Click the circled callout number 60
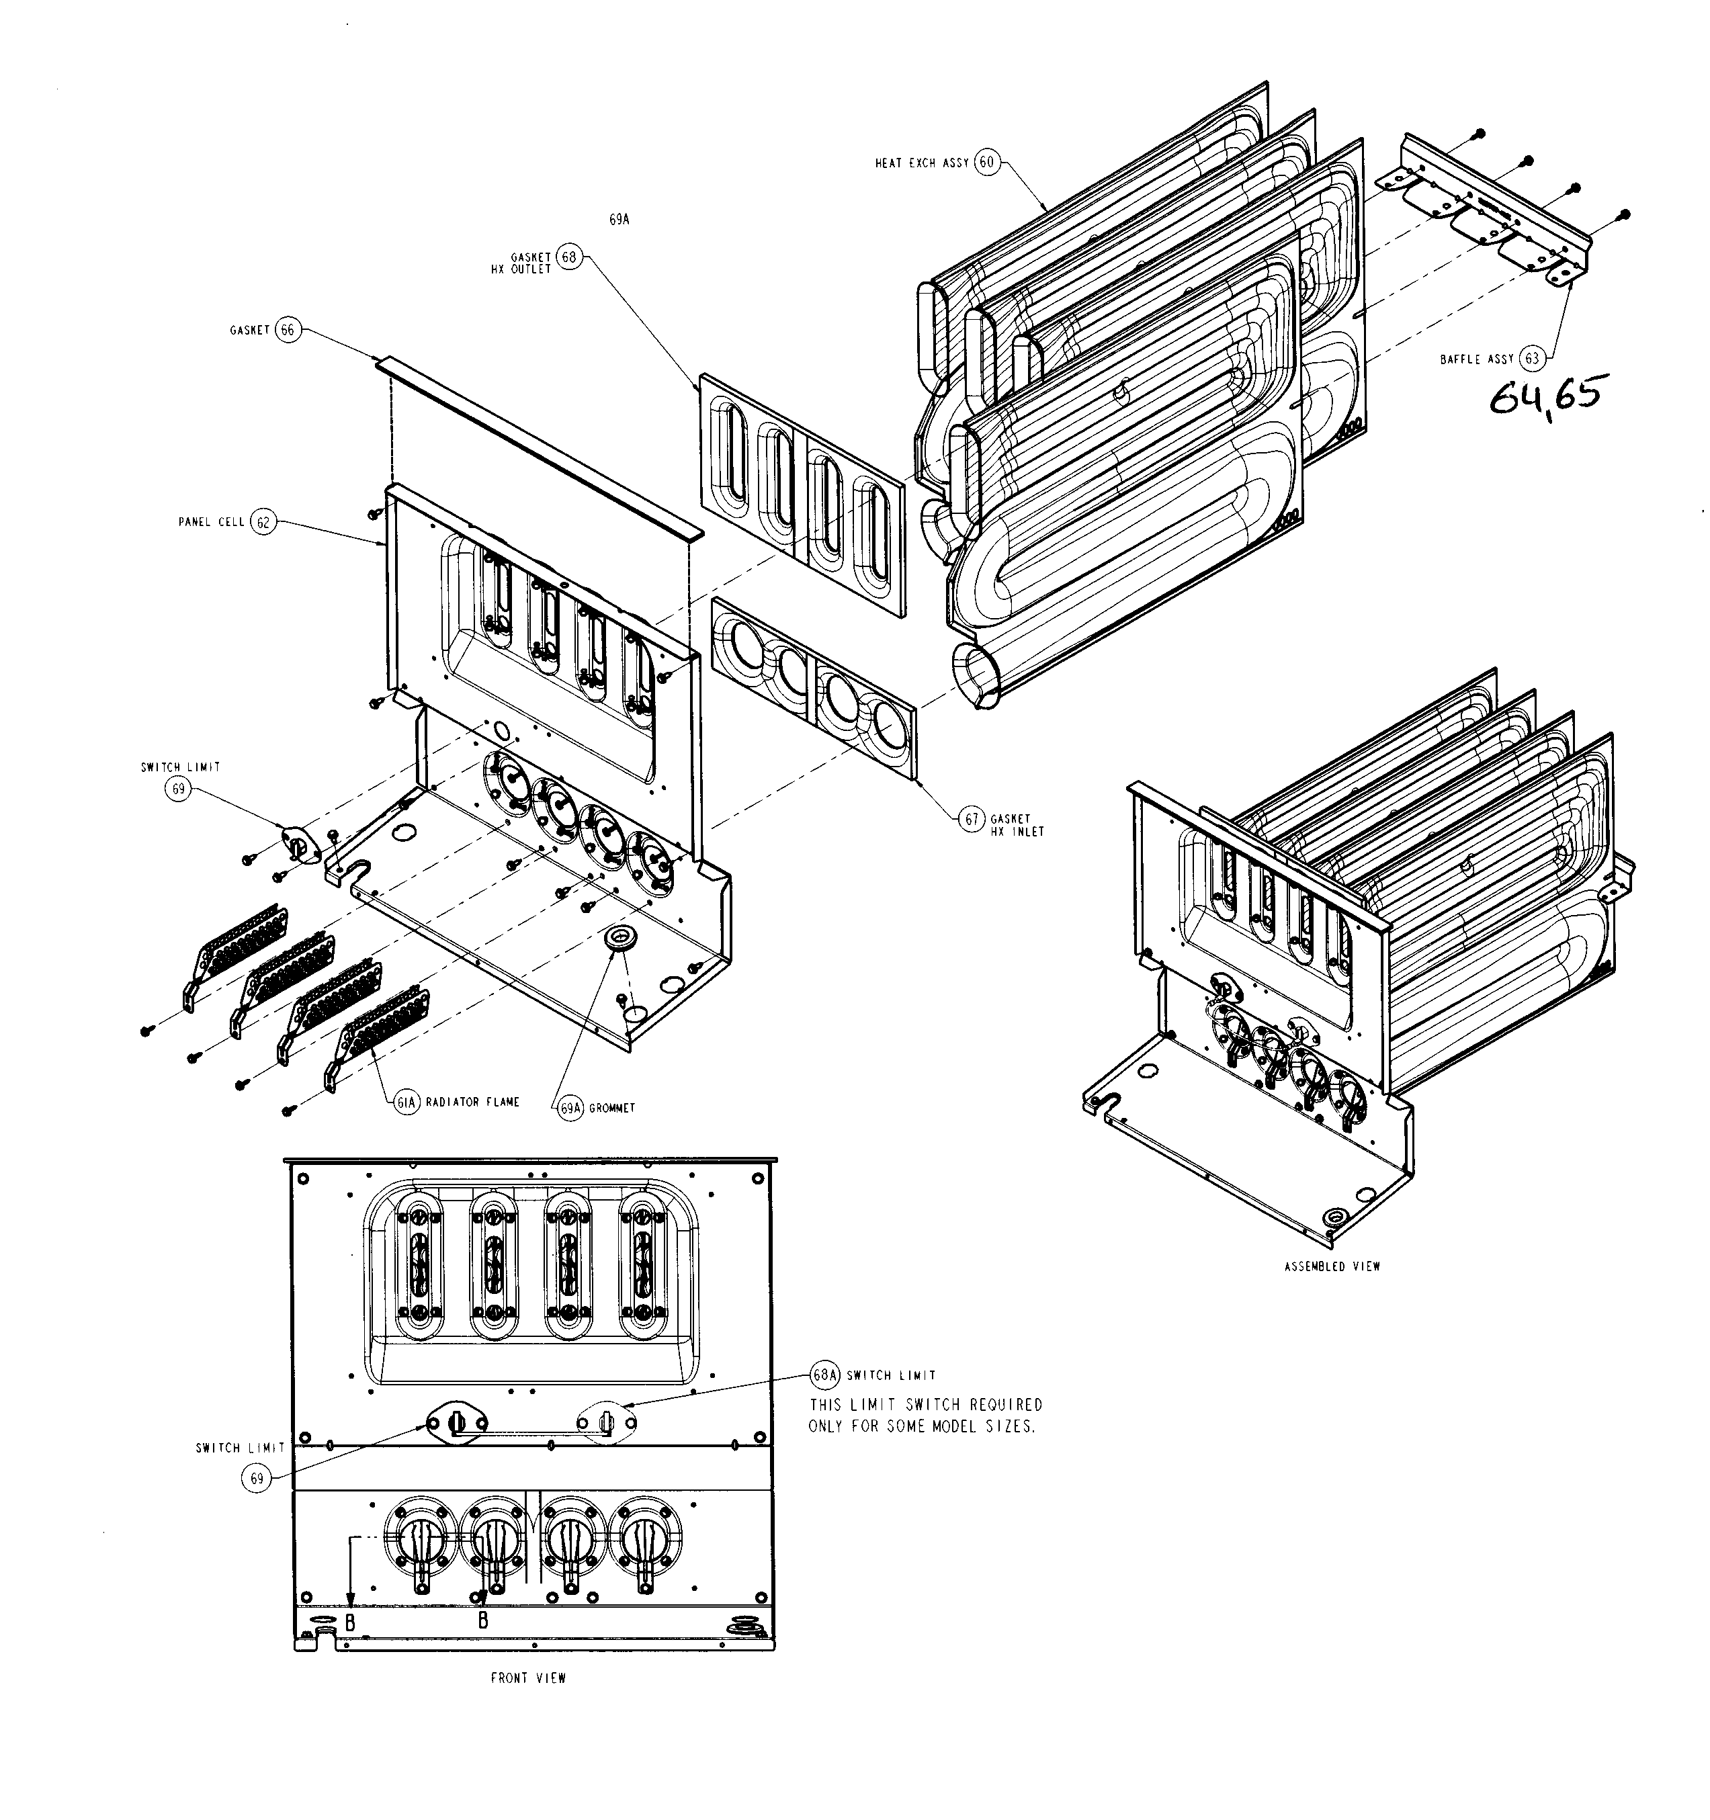click(985, 163)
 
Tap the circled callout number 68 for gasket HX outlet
click(568, 257)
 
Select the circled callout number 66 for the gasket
click(288, 330)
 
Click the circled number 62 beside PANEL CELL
click(263, 522)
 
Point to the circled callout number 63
click(1531, 359)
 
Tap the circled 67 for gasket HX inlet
click(972, 820)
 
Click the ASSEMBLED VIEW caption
click(1332, 1267)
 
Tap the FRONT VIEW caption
click(528, 1678)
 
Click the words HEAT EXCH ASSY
click(921, 164)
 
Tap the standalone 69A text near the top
click(619, 220)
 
